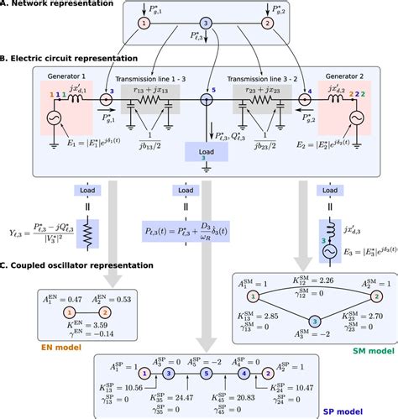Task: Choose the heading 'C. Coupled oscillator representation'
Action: coord(77,266)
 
